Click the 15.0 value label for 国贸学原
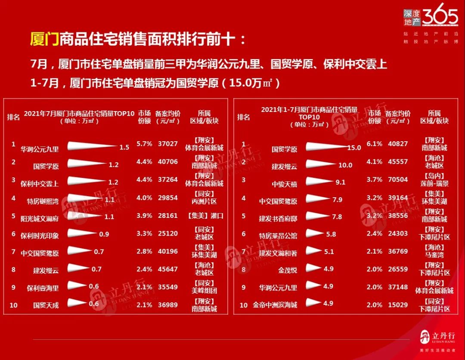(354, 147)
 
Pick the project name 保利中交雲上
(40, 183)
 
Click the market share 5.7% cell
(144, 144)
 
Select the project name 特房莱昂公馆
(278, 236)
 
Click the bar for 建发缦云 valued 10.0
(321, 164)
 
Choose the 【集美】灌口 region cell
(205, 216)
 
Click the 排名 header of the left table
(13, 117)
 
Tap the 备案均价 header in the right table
(397, 117)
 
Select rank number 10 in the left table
(13, 305)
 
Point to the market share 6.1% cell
(374, 144)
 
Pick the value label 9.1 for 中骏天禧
(340, 182)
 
